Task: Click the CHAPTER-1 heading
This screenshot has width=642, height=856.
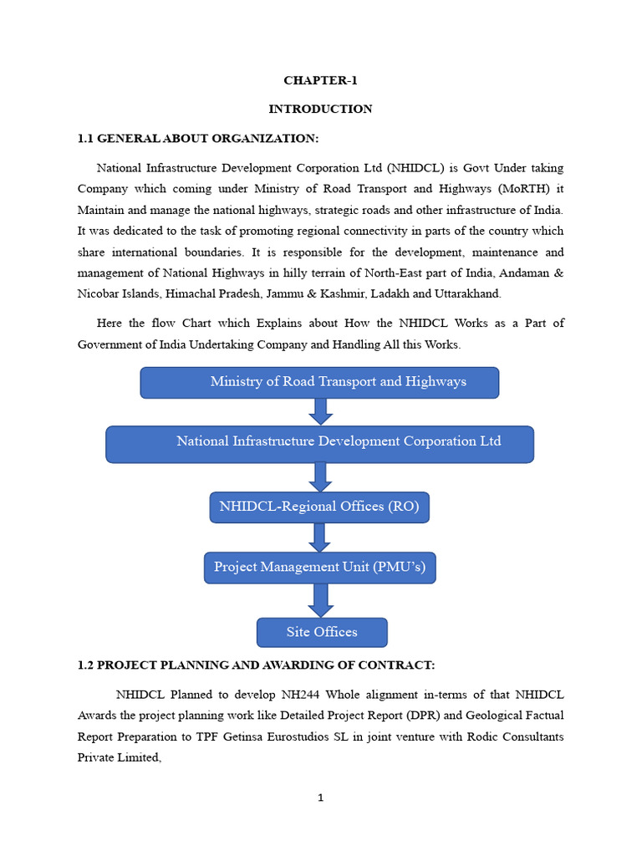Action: click(320, 81)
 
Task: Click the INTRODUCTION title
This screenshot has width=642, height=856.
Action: click(320, 109)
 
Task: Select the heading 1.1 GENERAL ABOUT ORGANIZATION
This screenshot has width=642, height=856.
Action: click(198, 138)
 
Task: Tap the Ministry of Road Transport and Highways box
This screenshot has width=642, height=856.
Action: click(319, 382)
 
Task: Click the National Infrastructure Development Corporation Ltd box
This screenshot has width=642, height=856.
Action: click(319, 443)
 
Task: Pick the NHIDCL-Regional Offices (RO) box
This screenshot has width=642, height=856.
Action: click(319, 507)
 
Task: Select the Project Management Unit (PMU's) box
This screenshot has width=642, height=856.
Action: click(319, 568)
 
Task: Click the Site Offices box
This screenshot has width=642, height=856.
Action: click(322, 632)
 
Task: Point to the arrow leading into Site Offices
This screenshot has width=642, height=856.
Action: click(320, 599)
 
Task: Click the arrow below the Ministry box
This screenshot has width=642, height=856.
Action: click(320, 411)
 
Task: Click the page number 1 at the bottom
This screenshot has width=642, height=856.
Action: click(320, 798)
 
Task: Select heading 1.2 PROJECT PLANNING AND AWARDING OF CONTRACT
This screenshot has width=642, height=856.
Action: click(256, 665)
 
